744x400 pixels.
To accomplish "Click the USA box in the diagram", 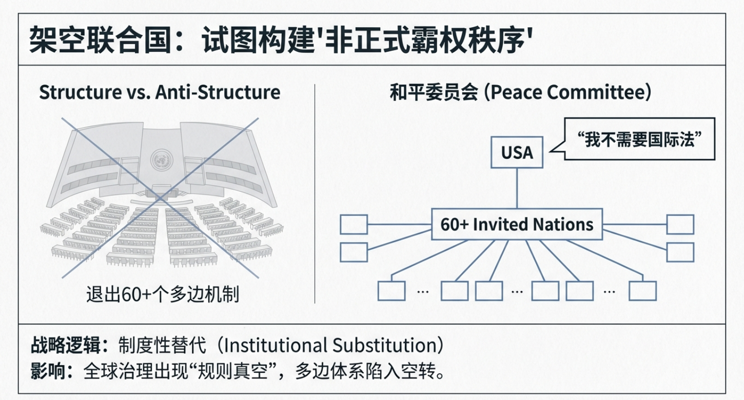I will [x=517, y=152].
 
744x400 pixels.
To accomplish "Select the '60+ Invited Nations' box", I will [x=517, y=225].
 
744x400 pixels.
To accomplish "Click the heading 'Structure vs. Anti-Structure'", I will [x=160, y=92].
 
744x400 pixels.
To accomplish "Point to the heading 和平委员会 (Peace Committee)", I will [x=520, y=93].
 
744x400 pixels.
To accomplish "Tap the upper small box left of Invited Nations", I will [x=354, y=225].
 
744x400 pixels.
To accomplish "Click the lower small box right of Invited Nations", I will [x=680, y=252].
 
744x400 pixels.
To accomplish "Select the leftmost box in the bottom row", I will [x=391, y=291].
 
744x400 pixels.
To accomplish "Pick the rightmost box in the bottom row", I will [x=642, y=291].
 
